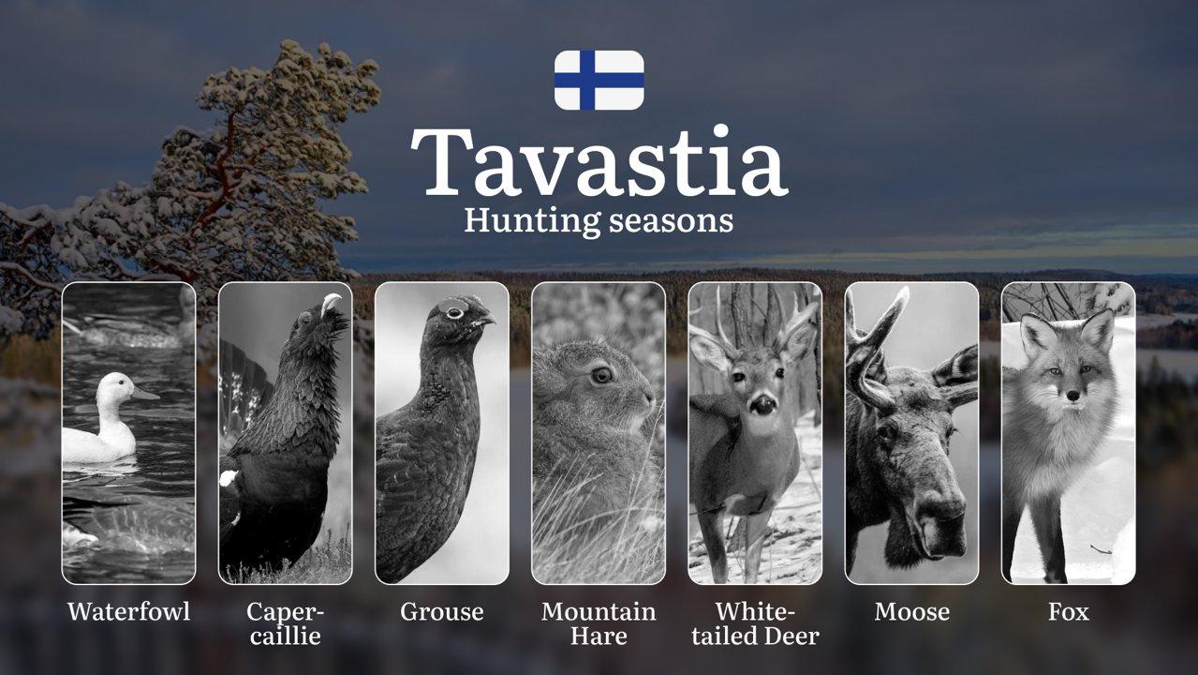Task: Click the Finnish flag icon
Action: [x=599, y=81]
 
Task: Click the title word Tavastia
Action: [x=599, y=161]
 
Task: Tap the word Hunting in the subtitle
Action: [x=532, y=221]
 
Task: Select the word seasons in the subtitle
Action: [x=672, y=221]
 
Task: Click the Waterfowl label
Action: [x=129, y=611]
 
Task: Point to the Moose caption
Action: [x=912, y=611]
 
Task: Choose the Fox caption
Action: [x=1069, y=611]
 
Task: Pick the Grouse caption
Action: [x=442, y=611]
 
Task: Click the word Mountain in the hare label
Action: [x=599, y=611]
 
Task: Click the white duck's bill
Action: [x=145, y=394]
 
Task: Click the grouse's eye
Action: [x=454, y=313]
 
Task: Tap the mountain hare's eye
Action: [x=601, y=375]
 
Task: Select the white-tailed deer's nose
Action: [x=762, y=404]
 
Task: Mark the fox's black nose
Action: [x=1072, y=396]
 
